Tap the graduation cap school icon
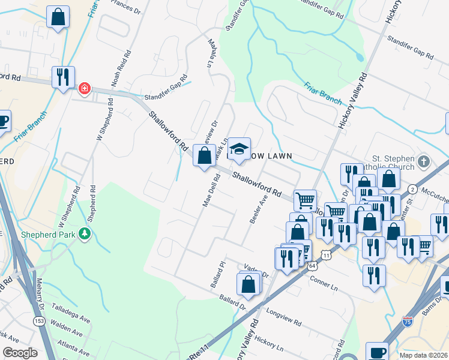239,148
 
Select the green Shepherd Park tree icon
85,233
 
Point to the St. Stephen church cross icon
424,162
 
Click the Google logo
19,352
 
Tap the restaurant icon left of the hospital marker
63,77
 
